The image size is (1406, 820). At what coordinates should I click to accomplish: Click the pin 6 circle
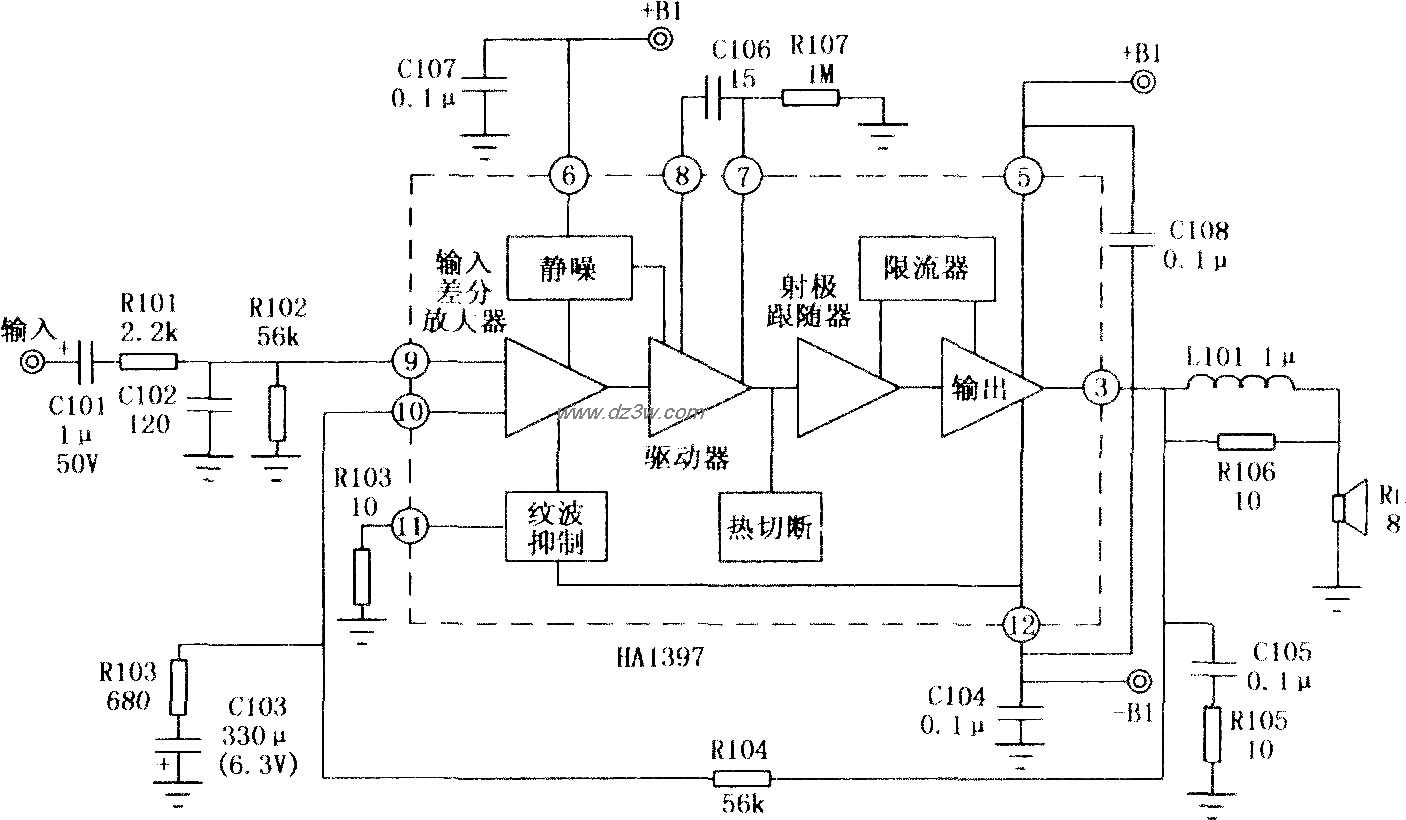click(x=568, y=177)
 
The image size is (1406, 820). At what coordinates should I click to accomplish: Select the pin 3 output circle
click(x=1101, y=388)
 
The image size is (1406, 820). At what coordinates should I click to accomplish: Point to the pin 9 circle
click(x=410, y=361)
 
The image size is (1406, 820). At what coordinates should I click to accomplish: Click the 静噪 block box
click(x=569, y=268)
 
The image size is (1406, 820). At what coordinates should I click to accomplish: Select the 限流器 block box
click(x=927, y=268)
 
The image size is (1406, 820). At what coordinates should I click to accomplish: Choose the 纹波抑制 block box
click(x=556, y=525)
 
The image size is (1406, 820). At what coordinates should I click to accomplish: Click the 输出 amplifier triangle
click(x=985, y=388)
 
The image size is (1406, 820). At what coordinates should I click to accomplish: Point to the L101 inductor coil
click(x=1240, y=383)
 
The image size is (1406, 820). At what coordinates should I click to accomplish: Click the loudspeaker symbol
click(x=1349, y=505)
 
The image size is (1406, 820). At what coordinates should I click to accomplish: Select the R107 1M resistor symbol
click(x=810, y=98)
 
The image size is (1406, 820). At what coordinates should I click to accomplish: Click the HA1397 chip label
click(x=661, y=657)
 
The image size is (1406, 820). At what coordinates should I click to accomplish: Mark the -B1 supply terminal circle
click(x=1138, y=682)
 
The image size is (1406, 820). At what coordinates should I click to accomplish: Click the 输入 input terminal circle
click(x=32, y=360)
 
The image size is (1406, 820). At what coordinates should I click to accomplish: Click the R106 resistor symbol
click(x=1245, y=440)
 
